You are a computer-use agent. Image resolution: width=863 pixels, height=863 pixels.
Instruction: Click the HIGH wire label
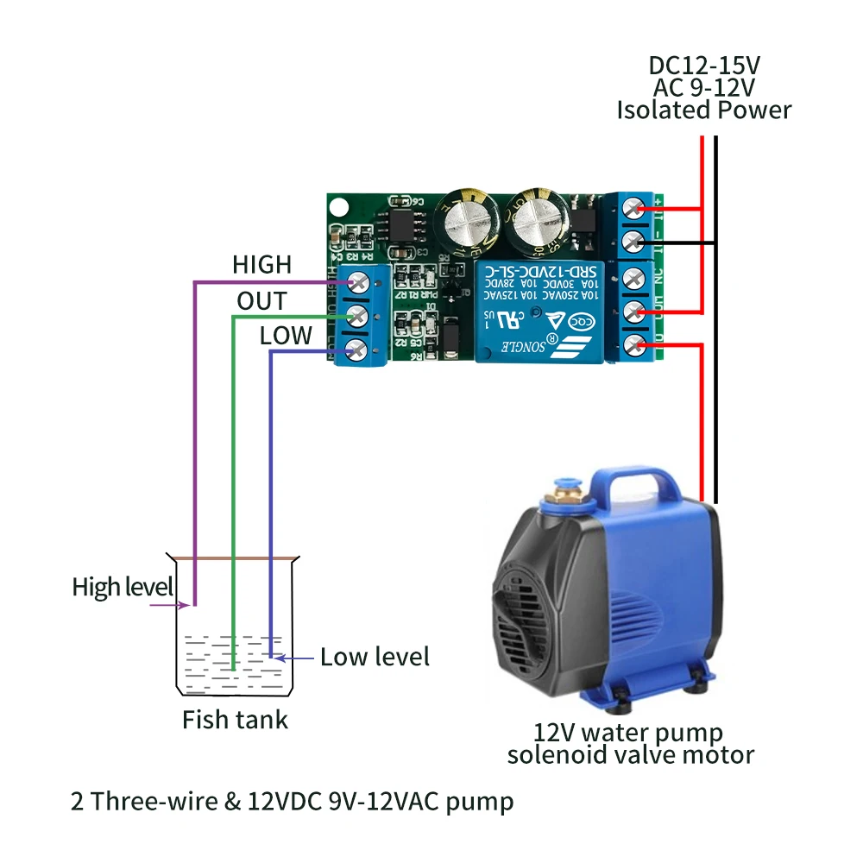click(261, 265)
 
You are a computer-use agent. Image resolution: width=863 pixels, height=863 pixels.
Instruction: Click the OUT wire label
click(261, 301)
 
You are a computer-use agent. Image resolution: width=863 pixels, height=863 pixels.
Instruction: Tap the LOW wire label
click(286, 336)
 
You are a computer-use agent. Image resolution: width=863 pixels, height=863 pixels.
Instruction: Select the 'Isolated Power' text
click(703, 110)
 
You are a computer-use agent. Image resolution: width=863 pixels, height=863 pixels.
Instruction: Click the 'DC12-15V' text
click(703, 65)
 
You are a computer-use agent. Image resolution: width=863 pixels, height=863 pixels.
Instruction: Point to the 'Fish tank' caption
click(235, 719)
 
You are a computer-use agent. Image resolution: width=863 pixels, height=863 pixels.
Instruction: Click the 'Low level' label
click(375, 657)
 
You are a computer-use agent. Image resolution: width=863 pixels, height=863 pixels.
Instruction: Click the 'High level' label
click(123, 588)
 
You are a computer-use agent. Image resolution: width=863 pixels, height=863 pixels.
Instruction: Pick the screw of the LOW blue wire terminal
click(355, 350)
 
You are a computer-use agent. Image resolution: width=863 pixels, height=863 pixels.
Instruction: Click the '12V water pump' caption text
click(628, 734)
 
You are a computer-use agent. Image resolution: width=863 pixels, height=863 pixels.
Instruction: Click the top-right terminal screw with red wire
click(636, 209)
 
